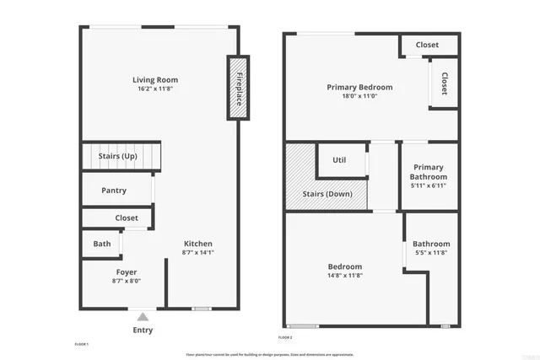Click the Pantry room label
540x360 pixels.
pos(114,191)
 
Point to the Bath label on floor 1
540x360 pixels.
pos(101,244)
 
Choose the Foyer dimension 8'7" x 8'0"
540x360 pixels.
pos(126,281)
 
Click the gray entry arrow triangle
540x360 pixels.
pos(143,317)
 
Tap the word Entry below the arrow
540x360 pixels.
pos(143,330)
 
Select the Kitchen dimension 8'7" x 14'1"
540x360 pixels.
pos(198,253)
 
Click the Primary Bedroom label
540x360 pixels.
pos(359,87)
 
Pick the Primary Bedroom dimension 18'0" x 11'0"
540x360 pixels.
pos(359,96)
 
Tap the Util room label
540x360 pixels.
pos(339,160)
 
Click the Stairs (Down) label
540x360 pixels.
pos(327,195)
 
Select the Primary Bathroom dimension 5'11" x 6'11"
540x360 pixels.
pos(428,185)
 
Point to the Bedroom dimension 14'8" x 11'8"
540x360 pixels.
pos(345,275)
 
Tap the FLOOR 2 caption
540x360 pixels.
pos(285,337)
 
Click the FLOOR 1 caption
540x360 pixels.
pos(82,344)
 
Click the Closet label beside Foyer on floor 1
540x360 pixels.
pos(127,218)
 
